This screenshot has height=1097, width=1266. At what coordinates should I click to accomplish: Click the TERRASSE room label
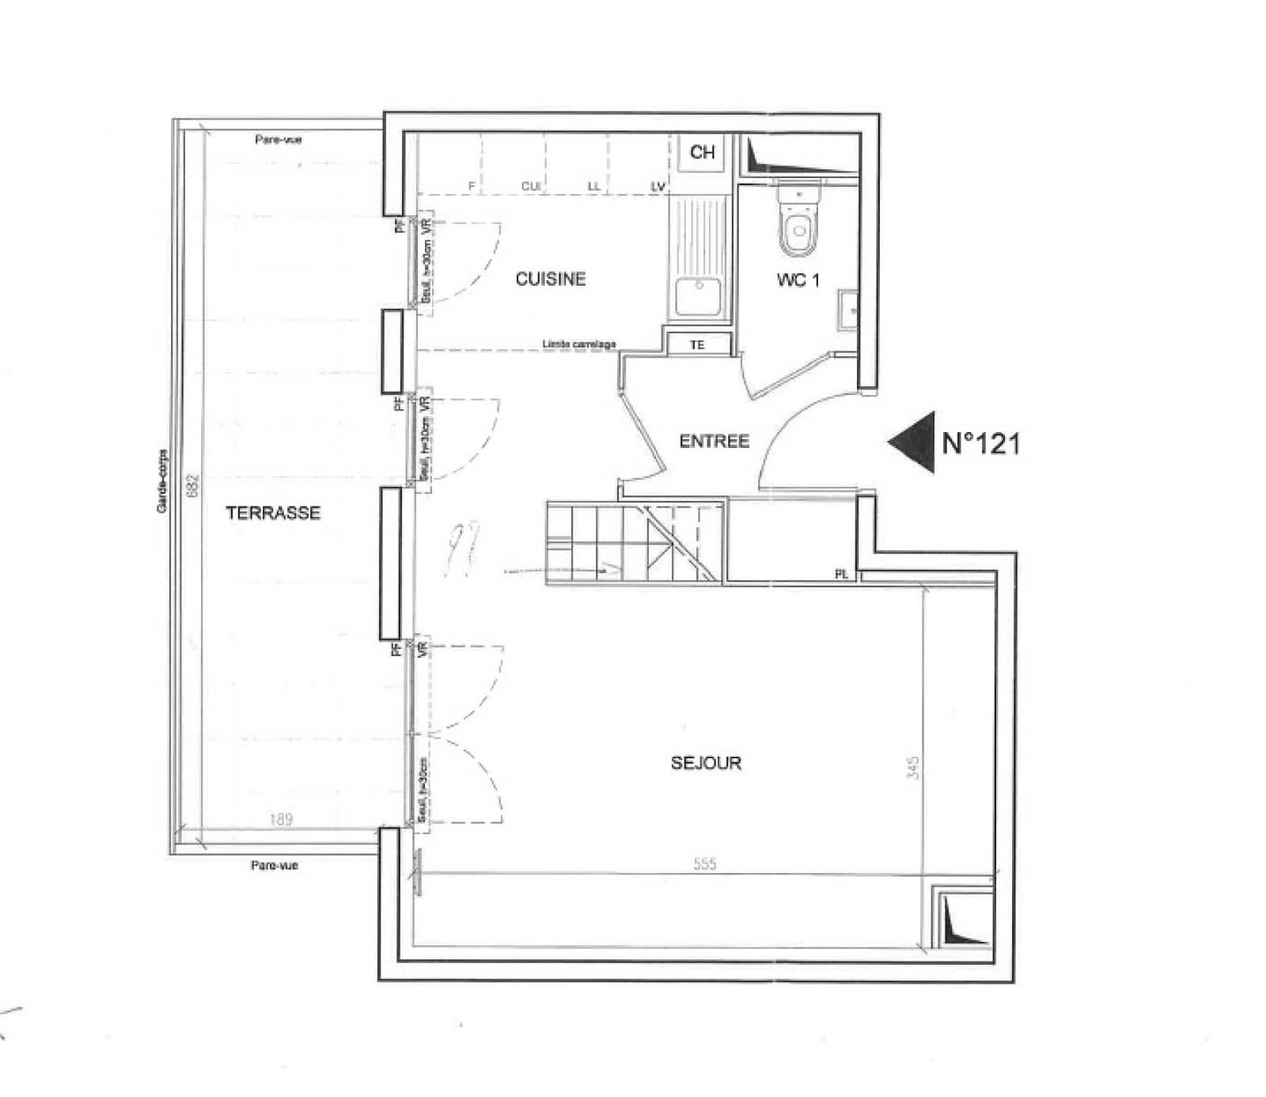point(273,513)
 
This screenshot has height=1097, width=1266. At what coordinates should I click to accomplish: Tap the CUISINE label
point(551,279)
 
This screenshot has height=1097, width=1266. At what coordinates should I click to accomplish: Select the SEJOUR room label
point(706,763)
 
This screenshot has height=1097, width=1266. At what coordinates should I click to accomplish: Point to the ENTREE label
point(714,441)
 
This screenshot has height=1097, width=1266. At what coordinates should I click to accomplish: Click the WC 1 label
point(798,279)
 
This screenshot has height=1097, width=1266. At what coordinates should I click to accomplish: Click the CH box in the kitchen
point(702,152)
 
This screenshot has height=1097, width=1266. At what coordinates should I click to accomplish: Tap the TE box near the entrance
point(697,345)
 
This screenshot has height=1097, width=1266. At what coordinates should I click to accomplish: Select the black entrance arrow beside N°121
point(914,442)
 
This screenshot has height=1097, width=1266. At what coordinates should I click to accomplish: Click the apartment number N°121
point(981,443)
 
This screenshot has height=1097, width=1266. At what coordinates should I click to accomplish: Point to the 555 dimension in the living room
point(704,864)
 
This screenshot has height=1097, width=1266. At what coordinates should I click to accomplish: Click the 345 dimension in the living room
point(913,768)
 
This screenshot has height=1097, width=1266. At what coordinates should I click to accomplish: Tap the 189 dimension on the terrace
point(281,819)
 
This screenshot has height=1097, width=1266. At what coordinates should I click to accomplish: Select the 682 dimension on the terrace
point(191,485)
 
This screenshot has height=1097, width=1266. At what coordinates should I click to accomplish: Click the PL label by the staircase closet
point(841,575)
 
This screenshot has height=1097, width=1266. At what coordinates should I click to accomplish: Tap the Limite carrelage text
point(579,344)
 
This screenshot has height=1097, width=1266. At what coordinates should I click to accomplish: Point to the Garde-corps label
point(162,482)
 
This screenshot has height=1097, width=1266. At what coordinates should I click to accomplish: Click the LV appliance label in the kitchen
point(658,187)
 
